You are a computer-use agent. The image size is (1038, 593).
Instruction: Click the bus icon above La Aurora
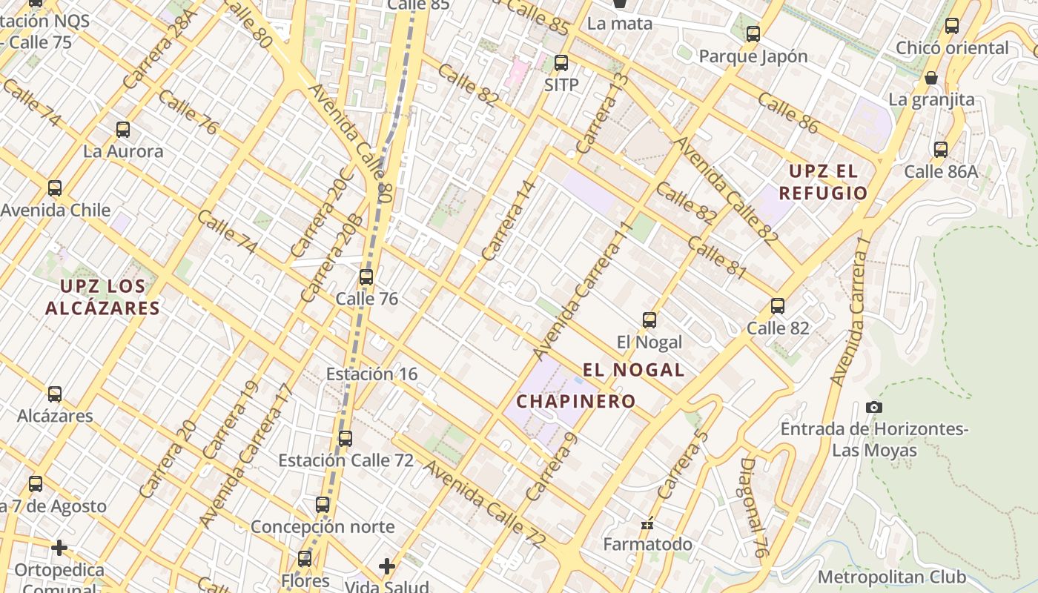[123, 130]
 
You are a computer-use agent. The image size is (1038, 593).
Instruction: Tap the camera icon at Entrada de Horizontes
[874, 407]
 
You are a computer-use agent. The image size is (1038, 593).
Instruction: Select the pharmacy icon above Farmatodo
[647, 523]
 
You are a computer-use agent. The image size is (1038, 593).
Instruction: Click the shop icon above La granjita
[931, 78]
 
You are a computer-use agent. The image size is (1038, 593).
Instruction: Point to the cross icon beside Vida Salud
[386, 566]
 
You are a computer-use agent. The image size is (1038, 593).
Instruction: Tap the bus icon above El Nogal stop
[649, 320]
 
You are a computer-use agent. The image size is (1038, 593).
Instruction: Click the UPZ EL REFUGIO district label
[827, 182]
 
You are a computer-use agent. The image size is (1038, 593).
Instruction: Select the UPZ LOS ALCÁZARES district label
[102, 296]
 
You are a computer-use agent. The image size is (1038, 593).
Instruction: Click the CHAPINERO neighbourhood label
[576, 402]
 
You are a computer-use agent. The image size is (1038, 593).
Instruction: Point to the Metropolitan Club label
[892, 577]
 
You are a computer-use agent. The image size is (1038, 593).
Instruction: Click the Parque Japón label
[753, 56]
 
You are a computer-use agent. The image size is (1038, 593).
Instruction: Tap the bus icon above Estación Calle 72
[346, 439]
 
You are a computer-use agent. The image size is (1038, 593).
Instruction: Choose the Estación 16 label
[372, 374]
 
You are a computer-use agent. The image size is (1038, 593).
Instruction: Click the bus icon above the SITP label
[561, 63]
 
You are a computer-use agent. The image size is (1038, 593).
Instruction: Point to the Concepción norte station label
[323, 527]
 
